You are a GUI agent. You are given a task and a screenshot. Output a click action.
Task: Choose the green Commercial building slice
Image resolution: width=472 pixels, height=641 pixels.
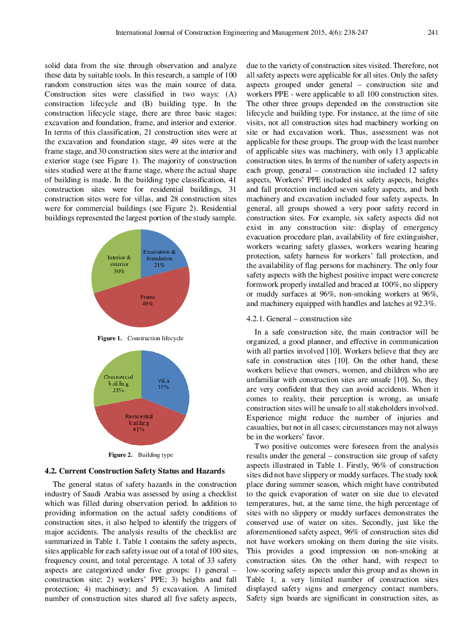(x=117, y=381)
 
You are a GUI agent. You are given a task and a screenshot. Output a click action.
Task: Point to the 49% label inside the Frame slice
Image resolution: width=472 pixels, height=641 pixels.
(x=147, y=304)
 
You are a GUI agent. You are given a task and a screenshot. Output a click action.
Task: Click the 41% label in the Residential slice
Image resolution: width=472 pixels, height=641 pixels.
(x=138, y=429)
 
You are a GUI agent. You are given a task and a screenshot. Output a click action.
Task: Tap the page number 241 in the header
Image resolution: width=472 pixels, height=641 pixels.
(x=433, y=32)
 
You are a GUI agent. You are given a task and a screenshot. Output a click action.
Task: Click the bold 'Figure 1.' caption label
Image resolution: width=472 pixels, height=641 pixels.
(x=109, y=338)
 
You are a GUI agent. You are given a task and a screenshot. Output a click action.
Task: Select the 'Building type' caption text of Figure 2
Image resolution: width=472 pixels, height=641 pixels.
(x=156, y=455)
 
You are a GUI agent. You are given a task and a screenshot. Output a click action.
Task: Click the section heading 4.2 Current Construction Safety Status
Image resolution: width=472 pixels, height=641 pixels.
(x=135, y=471)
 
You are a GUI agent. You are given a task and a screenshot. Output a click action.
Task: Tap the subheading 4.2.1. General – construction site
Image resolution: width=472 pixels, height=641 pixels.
(x=299, y=319)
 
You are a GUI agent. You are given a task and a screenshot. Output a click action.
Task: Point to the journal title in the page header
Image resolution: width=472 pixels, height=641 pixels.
(x=241, y=32)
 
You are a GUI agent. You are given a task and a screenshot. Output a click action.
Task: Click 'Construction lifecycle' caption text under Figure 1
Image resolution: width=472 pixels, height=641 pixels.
(x=155, y=338)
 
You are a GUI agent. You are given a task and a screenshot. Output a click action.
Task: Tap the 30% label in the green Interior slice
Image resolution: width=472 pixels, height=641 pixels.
(x=119, y=271)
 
